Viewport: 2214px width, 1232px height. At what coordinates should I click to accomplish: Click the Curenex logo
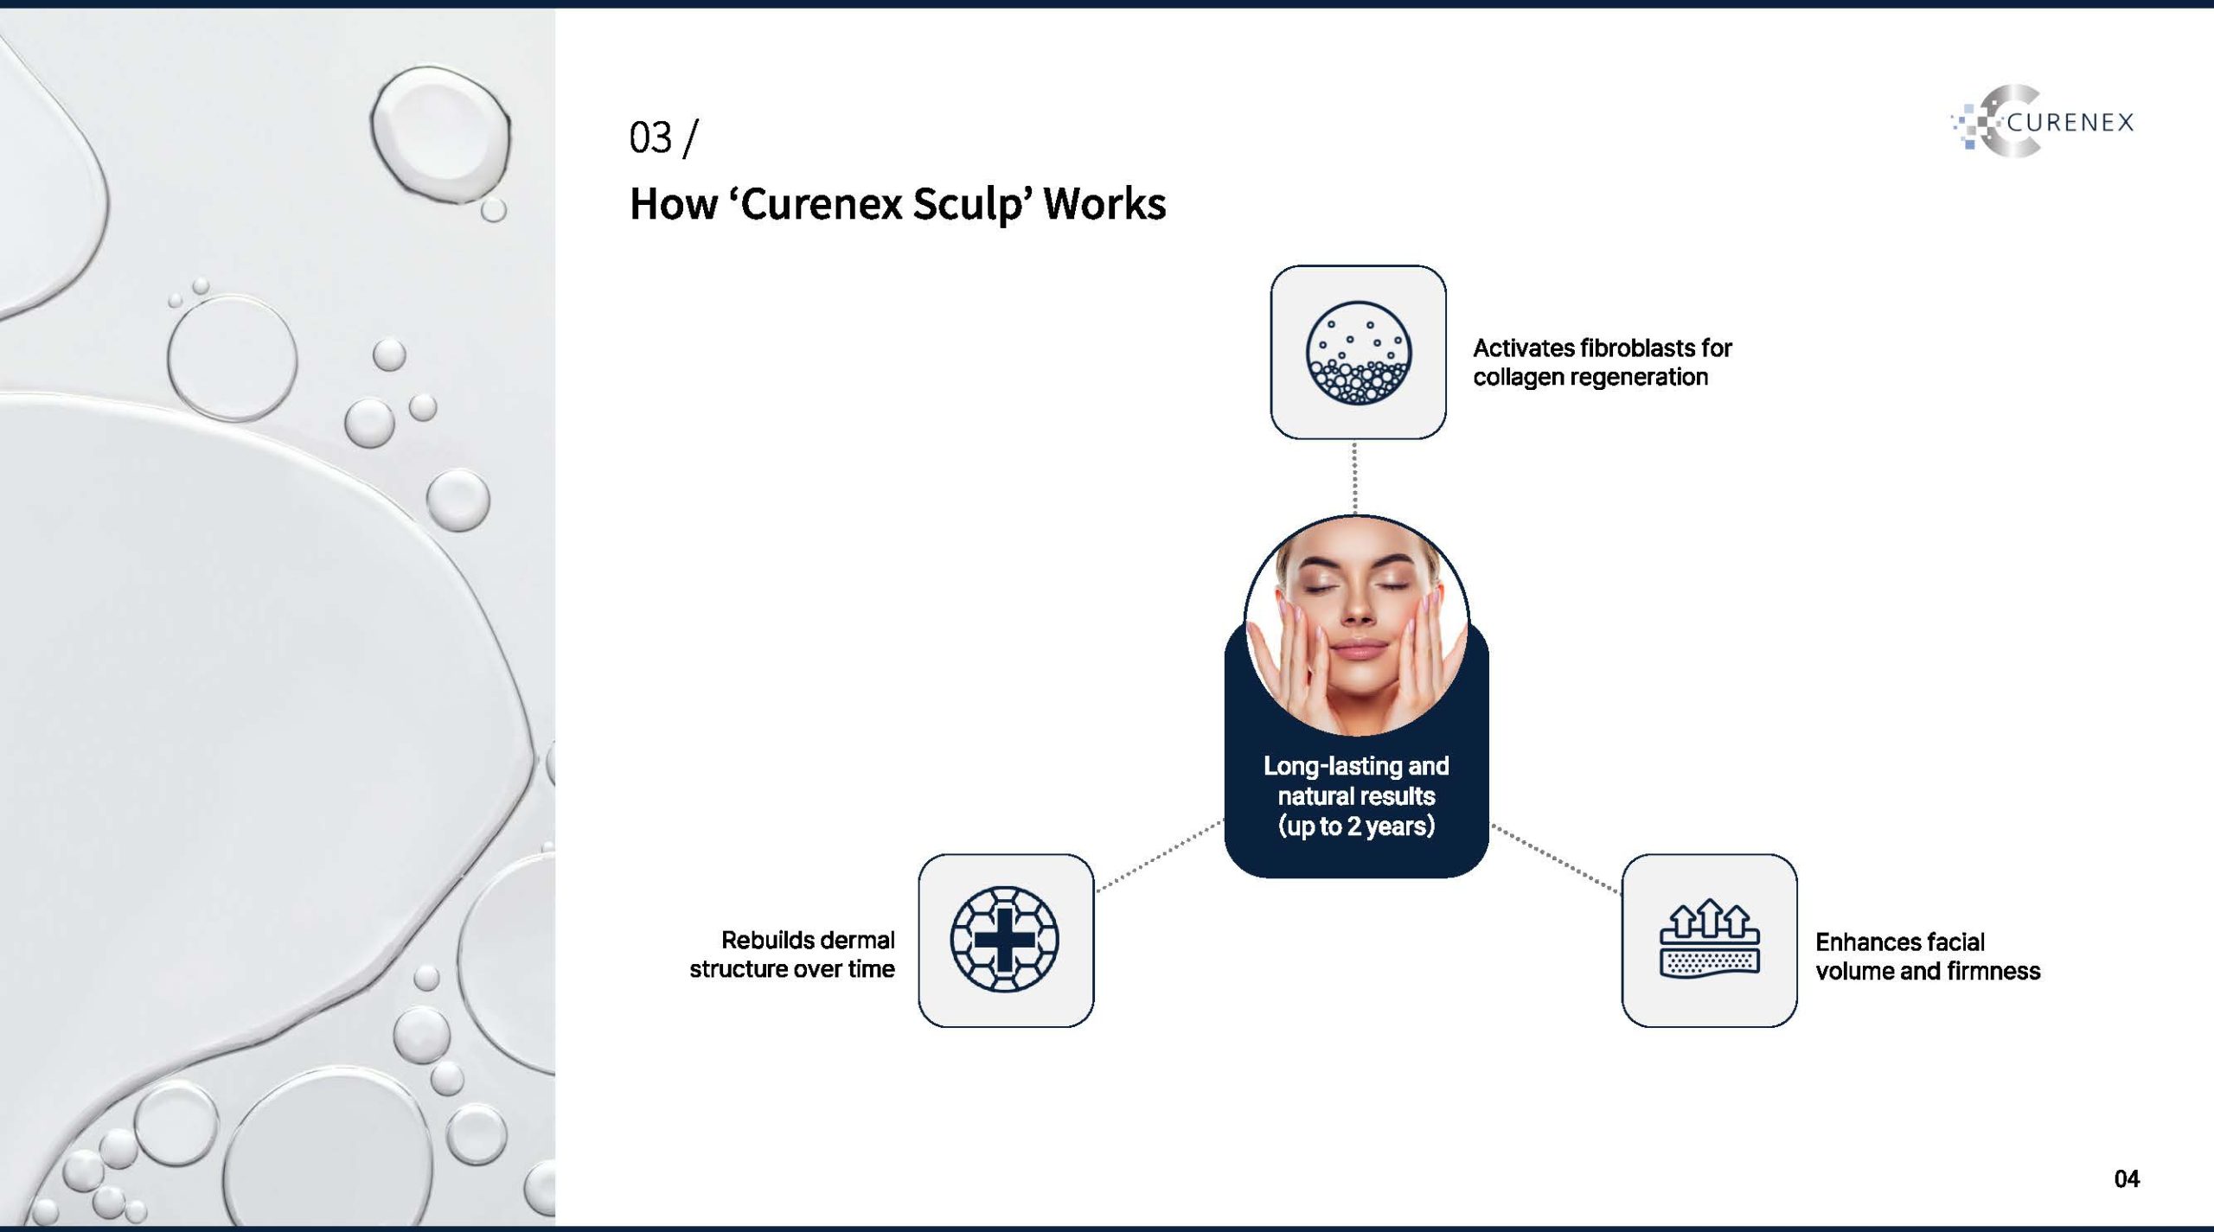coord(2043,122)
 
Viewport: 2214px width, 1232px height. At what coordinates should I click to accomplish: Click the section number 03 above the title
coord(650,138)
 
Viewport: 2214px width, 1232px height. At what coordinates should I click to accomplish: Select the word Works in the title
coord(1104,205)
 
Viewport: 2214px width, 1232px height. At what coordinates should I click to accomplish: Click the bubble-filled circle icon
coord(1358,352)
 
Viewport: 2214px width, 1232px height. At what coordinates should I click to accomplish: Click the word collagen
coord(1520,378)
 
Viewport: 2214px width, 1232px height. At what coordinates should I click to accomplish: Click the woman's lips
coord(1358,650)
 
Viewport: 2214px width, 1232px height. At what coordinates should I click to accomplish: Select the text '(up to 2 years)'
coord(1356,826)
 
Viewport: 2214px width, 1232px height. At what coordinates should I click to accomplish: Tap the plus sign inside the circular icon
coord(1005,940)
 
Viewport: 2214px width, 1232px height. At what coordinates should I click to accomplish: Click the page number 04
coord(2127,1179)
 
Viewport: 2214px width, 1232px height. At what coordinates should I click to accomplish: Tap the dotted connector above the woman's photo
coord(1354,477)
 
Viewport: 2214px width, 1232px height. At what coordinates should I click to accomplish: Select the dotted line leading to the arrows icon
coord(1556,859)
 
